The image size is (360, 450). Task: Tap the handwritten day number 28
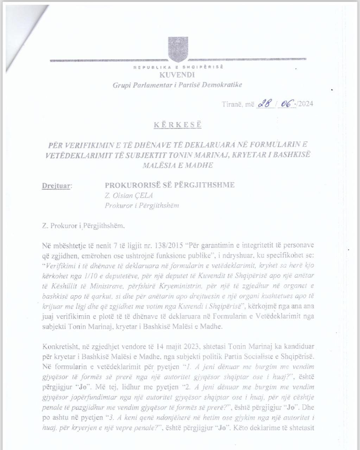[265, 104]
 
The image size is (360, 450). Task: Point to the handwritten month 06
[286, 104]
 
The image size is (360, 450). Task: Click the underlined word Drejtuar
[57, 185]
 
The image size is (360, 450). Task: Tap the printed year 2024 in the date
[305, 104]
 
